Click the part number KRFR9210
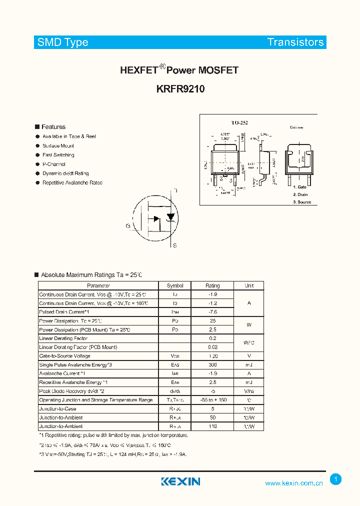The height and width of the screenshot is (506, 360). coord(179,89)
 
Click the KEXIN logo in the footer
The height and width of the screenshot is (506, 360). coord(180,481)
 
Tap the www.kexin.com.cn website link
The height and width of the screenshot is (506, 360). coord(293,483)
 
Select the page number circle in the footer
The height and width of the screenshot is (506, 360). coord(336,479)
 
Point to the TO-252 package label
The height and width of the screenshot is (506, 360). coord(239,122)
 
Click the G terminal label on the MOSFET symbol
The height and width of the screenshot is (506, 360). coord(128,226)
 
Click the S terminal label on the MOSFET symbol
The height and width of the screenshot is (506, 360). coord(174,245)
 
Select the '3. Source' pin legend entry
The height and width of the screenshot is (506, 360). coord(301,202)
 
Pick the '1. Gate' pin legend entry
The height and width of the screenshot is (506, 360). coord(300,187)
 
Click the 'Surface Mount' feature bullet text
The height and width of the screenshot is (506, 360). coord(58,145)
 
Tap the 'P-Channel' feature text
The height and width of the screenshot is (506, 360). coord(54,164)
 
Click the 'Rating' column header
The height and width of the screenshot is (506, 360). coord(212,285)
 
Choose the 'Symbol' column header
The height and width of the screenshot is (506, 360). coord(175,285)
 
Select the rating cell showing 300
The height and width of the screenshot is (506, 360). coord(212,365)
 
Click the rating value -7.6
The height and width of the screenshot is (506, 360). coord(212,312)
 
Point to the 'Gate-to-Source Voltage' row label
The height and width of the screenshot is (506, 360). coord(64,356)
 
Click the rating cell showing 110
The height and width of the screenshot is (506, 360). coord(212,426)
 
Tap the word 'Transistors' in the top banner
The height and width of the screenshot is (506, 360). coord(295,42)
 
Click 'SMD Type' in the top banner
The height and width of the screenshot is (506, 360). coord(62,42)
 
